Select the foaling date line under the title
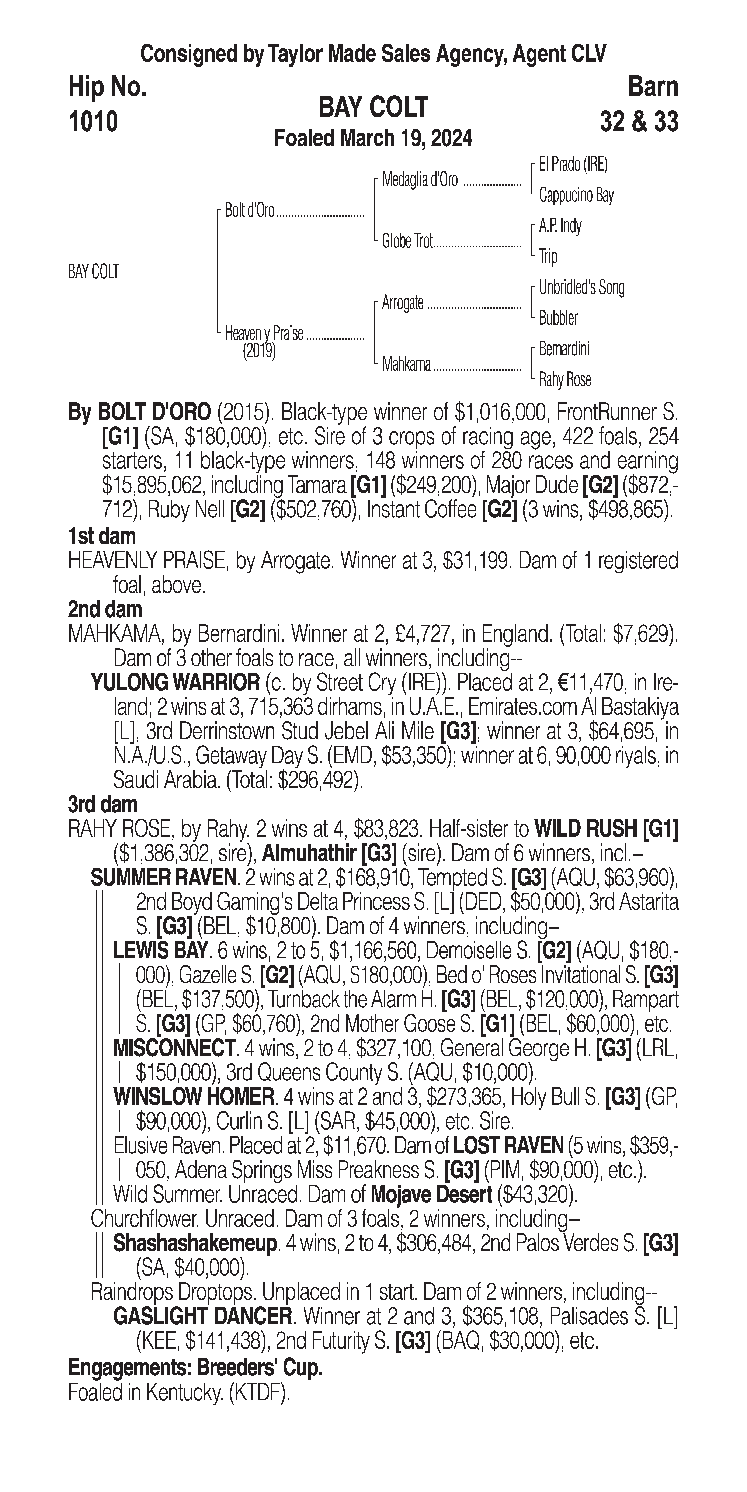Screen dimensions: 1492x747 [373, 138]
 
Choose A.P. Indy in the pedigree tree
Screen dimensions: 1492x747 [560, 226]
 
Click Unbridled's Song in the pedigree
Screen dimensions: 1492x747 [581, 288]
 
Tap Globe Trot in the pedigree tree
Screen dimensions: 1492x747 [407, 242]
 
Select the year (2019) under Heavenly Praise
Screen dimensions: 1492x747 [259, 351]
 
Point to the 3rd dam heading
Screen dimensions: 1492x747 [103, 805]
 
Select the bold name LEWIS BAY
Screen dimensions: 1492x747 [160, 950]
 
